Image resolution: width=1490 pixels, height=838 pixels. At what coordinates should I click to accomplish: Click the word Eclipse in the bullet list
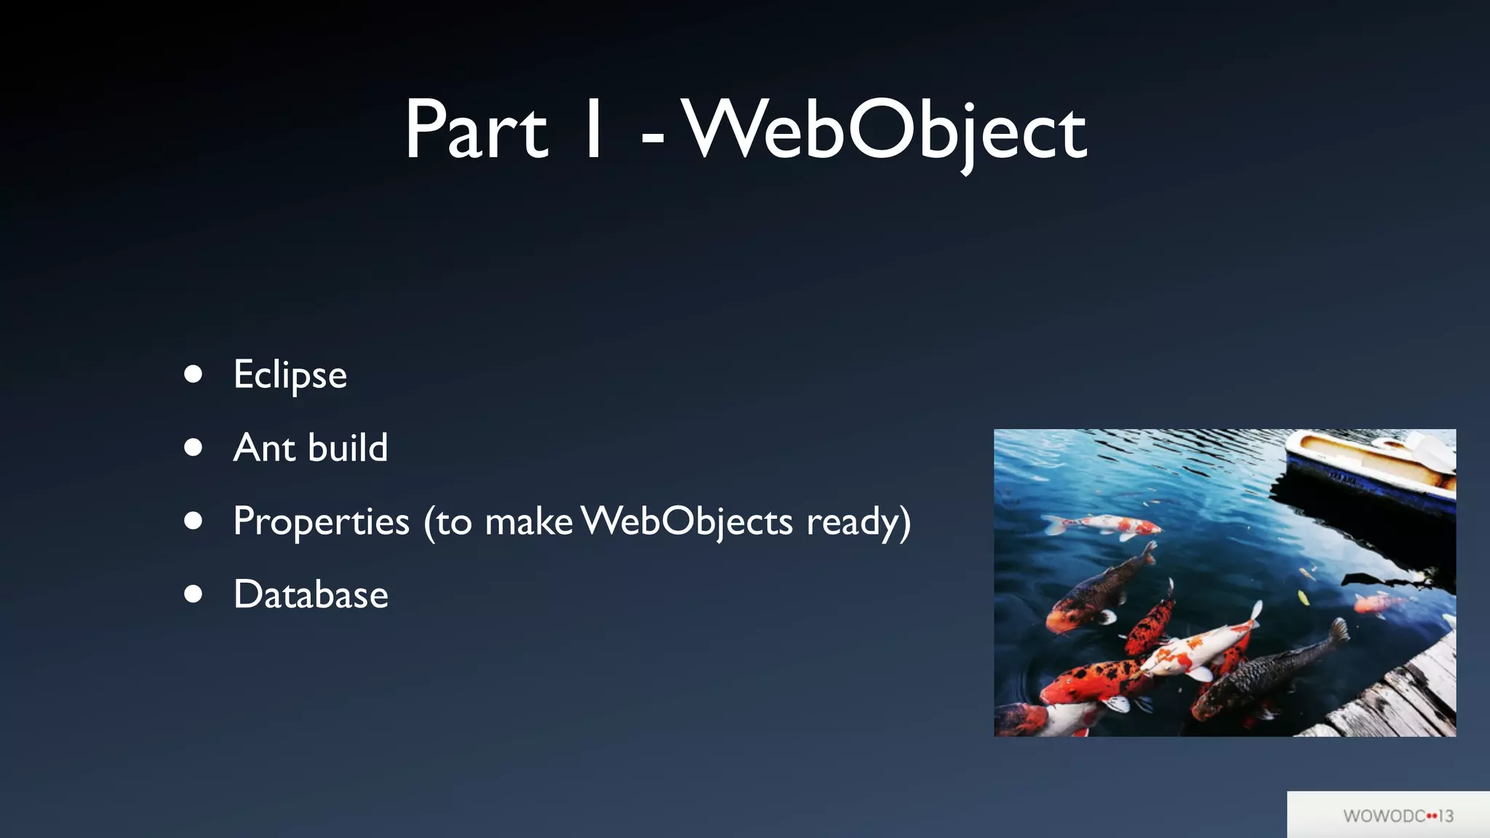[290, 375]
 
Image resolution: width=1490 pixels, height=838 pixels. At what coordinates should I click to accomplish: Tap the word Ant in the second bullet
[264, 447]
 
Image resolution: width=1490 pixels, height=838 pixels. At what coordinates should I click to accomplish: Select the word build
[348, 447]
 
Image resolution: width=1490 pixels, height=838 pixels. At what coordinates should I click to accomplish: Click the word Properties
[321, 522]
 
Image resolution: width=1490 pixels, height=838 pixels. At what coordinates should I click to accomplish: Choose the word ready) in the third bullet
[858, 522]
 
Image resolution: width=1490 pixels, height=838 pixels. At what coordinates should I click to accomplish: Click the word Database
[311, 594]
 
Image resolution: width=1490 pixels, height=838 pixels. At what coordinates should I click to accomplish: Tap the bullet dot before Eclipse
[193, 374]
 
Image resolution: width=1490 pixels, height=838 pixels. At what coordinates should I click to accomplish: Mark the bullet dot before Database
[193, 594]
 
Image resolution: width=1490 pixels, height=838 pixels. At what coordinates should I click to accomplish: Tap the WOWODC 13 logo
[1397, 815]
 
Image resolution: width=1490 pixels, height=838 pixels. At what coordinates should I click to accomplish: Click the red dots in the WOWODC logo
[1432, 815]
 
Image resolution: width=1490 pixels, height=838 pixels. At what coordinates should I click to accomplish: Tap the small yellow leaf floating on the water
[1304, 598]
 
